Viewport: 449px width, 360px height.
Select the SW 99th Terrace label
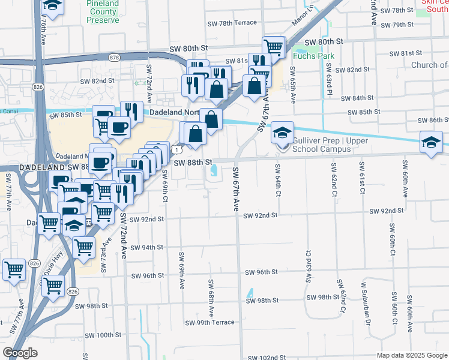[209, 322]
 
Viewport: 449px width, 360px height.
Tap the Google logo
[20, 353]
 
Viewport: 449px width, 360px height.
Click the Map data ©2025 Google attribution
[412, 355]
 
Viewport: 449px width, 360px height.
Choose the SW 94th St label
[146, 247]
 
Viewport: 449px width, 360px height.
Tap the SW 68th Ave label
[211, 298]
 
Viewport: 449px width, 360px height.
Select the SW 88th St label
[194, 162]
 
